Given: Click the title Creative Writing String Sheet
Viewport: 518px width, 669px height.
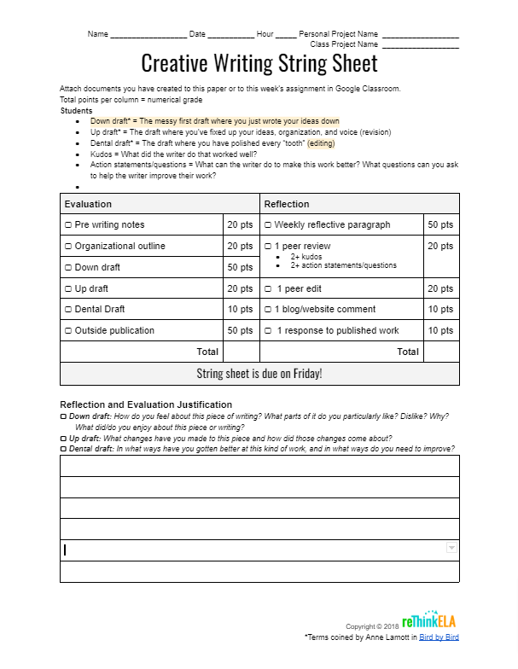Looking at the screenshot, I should point(259,63).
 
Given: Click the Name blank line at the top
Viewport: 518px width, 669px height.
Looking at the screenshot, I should point(148,36).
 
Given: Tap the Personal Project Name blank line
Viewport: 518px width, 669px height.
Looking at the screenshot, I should point(421,36).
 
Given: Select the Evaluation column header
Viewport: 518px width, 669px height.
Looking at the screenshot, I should point(88,204).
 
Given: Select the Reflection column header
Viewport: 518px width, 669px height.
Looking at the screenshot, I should point(287,204).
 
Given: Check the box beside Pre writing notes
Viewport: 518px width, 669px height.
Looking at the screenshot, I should point(68,225).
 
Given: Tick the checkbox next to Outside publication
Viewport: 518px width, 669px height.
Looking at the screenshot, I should point(68,331).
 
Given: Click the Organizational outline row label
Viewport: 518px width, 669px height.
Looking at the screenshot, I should point(119,246).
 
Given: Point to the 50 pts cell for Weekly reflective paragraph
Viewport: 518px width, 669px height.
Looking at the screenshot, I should point(440,224).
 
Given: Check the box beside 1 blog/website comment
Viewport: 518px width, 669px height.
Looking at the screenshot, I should point(268,310).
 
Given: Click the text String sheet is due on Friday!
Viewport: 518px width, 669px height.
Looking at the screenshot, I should point(259,374).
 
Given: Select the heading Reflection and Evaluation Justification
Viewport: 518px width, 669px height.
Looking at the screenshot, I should point(146,404).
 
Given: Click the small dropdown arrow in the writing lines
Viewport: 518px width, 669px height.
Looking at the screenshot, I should point(451,549).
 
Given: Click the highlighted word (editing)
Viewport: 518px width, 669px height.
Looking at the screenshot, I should point(321,143).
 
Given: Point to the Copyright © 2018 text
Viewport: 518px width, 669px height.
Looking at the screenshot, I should point(372,626).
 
